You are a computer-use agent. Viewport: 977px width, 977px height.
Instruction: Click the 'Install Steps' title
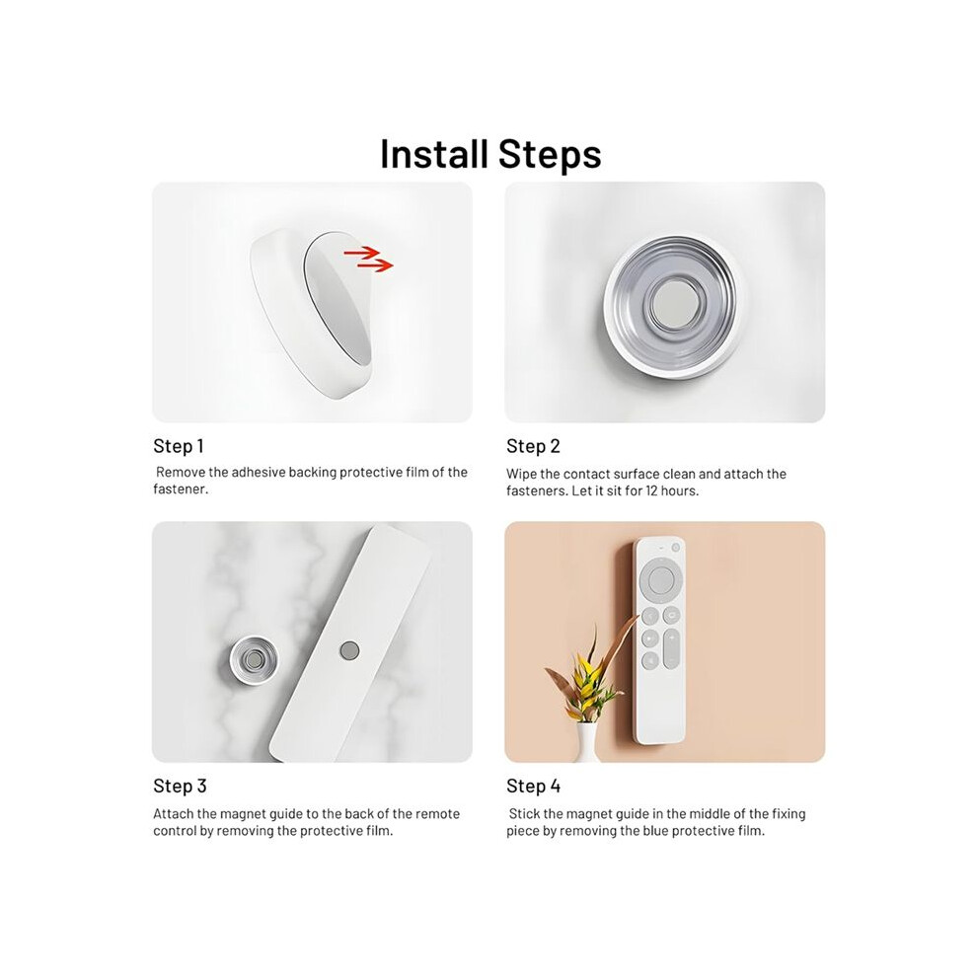(x=490, y=154)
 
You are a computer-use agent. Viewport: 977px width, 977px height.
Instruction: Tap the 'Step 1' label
(x=179, y=446)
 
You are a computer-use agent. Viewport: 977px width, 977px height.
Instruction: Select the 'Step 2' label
(x=533, y=446)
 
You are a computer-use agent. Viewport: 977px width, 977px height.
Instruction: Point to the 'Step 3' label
(x=180, y=786)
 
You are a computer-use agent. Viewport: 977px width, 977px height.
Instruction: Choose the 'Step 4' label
(x=533, y=786)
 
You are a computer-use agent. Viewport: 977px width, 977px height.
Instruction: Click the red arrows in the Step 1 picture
(x=369, y=259)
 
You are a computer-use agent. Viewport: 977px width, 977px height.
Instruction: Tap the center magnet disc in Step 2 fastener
(x=667, y=305)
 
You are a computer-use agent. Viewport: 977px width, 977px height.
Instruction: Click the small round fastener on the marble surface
(x=254, y=660)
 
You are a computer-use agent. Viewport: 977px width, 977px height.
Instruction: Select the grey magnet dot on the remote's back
(x=349, y=650)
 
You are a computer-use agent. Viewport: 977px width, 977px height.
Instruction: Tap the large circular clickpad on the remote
(x=661, y=579)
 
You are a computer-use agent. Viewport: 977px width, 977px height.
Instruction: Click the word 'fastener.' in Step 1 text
(x=181, y=489)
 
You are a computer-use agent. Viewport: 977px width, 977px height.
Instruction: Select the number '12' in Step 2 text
(x=651, y=491)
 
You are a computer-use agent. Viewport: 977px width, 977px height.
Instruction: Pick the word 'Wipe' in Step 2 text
(x=520, y=474)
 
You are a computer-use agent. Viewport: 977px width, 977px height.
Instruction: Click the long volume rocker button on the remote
(x=672, y=648)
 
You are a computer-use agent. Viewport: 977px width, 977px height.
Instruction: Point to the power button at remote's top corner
(x=675, y=548)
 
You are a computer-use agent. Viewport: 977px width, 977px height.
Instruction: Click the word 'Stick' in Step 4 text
(x=524, y=814)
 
